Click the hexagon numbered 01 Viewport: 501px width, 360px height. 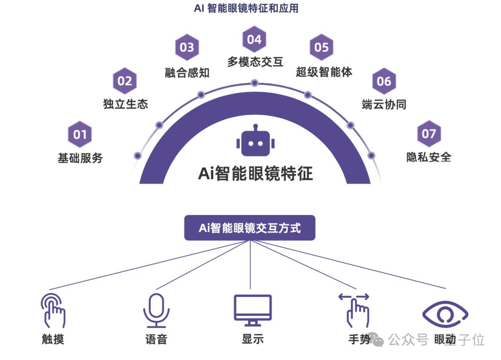coord(80,135)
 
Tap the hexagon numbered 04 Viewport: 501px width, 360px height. coord(254,39)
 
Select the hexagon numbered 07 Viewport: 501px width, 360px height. coord(429,134)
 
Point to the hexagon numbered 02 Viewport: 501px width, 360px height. coord(125,81)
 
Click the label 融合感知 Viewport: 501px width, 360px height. coord(187,72)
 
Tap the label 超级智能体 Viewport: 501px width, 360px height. coord(324,72)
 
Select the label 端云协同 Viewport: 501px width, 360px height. coord(384,104)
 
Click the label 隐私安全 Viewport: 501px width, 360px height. coord(429,157)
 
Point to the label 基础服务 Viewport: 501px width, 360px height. coord(80,158)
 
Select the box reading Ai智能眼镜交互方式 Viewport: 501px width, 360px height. coord(250,228)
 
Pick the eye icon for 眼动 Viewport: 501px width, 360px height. coord(445,314)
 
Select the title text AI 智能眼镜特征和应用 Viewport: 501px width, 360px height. coord(246,8)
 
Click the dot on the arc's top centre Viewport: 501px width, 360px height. coord(254,83)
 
